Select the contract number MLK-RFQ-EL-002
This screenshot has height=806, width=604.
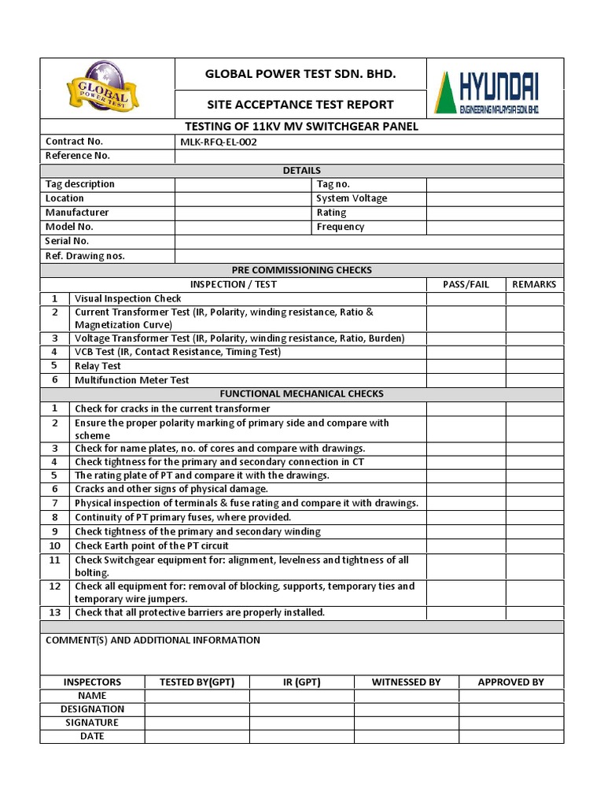point(218,142)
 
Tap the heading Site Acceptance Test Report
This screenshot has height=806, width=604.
point(300,104)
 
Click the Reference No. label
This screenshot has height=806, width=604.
point(78,156)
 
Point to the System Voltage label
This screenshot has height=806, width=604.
point(352,198)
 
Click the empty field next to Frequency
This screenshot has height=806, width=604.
point(495,227)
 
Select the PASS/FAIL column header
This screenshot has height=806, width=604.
point(466,284)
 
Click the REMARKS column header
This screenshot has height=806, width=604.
point(534,284)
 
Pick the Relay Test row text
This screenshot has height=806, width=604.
point(98,366)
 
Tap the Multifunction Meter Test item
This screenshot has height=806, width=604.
point(131,380)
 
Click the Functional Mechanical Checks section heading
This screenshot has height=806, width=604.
point(301,394)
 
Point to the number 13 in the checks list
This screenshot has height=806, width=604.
point(55,612)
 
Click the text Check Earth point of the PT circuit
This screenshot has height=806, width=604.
point(152,545)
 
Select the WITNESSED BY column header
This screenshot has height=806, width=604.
point(406,682)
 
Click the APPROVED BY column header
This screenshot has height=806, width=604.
point(510,682)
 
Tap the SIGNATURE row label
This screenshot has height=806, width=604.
point(92,723)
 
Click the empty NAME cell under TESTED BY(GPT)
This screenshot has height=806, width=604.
point(197,696)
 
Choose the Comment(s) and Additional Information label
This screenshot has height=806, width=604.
point(153,640)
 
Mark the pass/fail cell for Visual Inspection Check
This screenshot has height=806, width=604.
point(466,298)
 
